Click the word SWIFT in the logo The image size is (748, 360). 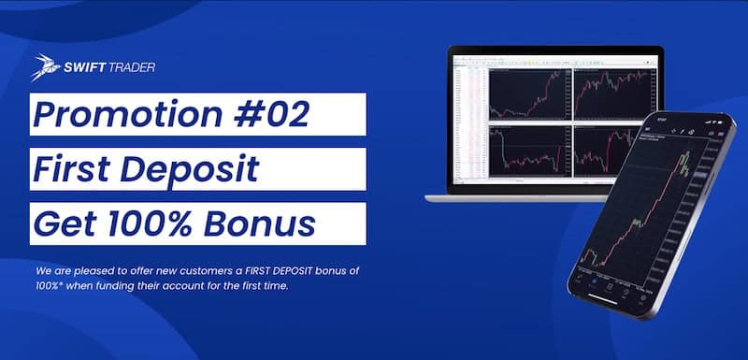click(x=81, y=67)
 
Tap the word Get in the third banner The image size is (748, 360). click(x=65, y=223)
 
